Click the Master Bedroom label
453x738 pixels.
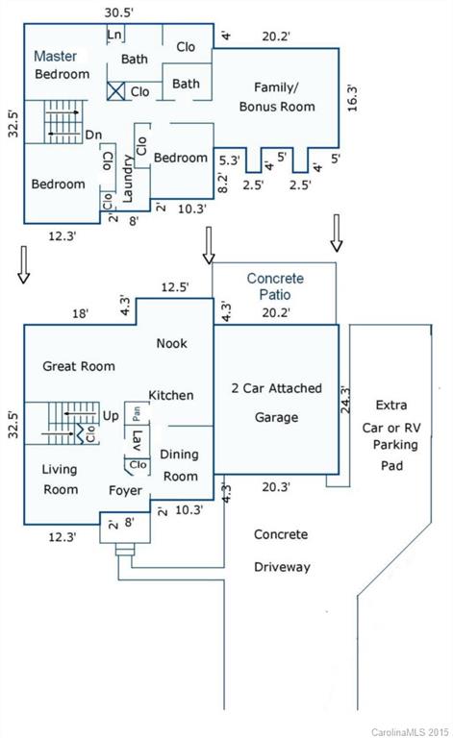(x=62, y=65)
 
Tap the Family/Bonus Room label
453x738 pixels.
(x=277, y=97)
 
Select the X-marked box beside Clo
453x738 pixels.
(x=115, y=91)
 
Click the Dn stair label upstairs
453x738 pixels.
(x=93, y=135)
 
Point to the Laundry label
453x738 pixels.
(x=128, y=179)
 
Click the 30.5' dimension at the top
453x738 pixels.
(x=118, y=12)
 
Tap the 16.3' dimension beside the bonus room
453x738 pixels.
(x=352, y=98)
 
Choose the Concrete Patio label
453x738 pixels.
(x=275, y=286)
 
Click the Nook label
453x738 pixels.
(x=171, y=343)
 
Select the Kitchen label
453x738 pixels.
(x=171, y=395)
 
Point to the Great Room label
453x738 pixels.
(x=79, y=366)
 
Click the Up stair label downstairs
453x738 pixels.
(x=111, y=416)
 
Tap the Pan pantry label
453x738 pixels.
(x=137, y=414)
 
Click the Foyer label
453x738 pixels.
(x=125, y=490)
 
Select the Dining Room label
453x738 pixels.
(x=180, y=465)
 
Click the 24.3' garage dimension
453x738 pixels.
(x=345, y=400)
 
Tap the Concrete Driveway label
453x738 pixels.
(x=282, y=551)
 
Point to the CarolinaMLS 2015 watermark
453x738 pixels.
(x=410, y=732)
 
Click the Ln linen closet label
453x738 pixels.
(x=114, y=35)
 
